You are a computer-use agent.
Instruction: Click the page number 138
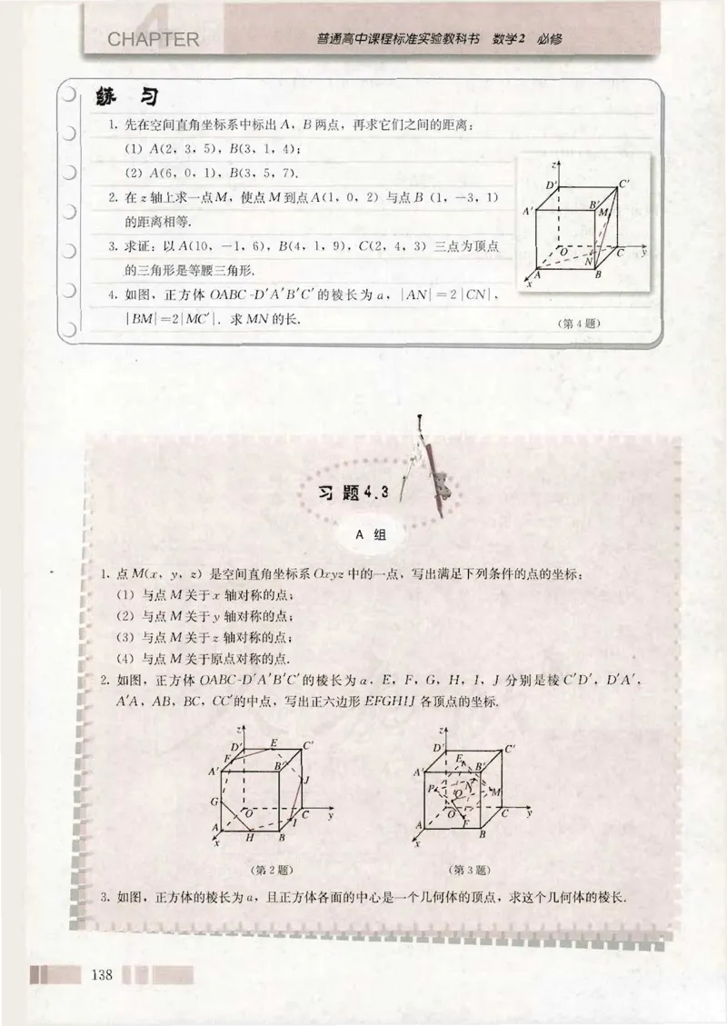100,975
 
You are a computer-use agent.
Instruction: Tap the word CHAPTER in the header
152,40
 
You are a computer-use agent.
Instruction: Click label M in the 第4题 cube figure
603,211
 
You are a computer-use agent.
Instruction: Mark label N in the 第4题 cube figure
590,262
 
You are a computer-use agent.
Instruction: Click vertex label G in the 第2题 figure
214,801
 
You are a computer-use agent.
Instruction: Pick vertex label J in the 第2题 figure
307,780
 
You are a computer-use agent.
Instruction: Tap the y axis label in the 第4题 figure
642,253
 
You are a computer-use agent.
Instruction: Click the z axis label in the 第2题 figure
236,732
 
